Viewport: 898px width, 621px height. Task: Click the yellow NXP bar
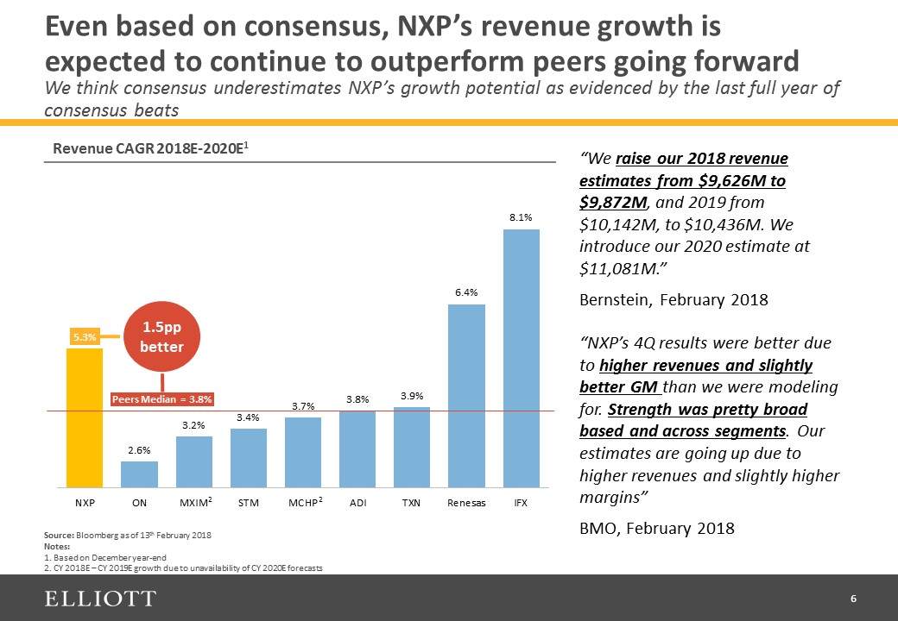tap(85, 417)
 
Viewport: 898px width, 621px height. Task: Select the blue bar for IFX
tap(521, 358)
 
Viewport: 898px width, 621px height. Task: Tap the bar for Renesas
tap(466, 396)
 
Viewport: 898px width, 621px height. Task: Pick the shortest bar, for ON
tap(139, 474)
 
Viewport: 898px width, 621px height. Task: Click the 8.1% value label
tap(521, 218)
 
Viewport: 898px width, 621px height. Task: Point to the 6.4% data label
tap(466, 293)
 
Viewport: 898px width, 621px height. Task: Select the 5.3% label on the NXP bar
tap(84, 337)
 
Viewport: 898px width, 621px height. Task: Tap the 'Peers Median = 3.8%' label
tap(162, 399)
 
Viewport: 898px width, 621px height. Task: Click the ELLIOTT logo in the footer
tap(101, 599)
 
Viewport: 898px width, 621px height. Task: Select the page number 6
tap(853, 599)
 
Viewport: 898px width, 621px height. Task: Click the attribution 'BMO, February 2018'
tap(657, 528)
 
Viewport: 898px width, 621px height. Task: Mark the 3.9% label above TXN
tap(412, 395)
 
